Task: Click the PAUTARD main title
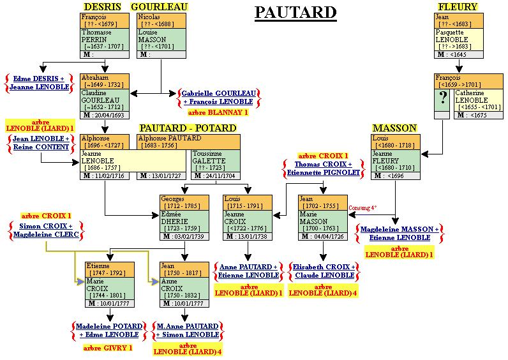tap(295, 12)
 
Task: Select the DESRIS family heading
tap(102, 6)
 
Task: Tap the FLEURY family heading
tap(458, 6)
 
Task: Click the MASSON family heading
tap(394, 128)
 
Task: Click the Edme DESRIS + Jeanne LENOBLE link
tap(40, 83)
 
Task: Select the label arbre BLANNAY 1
tap(218, 112)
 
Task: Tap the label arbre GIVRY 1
tap(108, 348)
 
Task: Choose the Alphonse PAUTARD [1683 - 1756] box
tap(189, 142)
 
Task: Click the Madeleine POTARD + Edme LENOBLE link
tap(108, 331)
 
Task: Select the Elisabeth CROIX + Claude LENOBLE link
tap(323, 271)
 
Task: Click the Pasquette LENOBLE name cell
tap(459, 40)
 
